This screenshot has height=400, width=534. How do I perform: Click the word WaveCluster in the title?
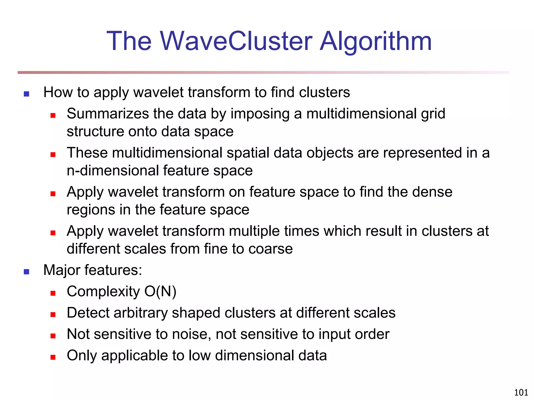click(236, 41)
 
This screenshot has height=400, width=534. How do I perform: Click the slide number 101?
click(521, 392)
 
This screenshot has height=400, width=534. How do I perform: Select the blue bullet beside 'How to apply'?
click(26, 94)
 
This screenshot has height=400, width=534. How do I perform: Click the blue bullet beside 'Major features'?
click(26, 272)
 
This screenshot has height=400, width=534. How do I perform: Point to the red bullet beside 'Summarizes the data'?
click(53, 115)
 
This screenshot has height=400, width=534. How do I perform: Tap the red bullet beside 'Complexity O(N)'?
click(53, 293)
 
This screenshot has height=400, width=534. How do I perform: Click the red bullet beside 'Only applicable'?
click(53, 357)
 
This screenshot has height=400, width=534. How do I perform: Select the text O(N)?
click(160, 292)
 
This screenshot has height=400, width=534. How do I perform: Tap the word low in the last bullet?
click(199, 356)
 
